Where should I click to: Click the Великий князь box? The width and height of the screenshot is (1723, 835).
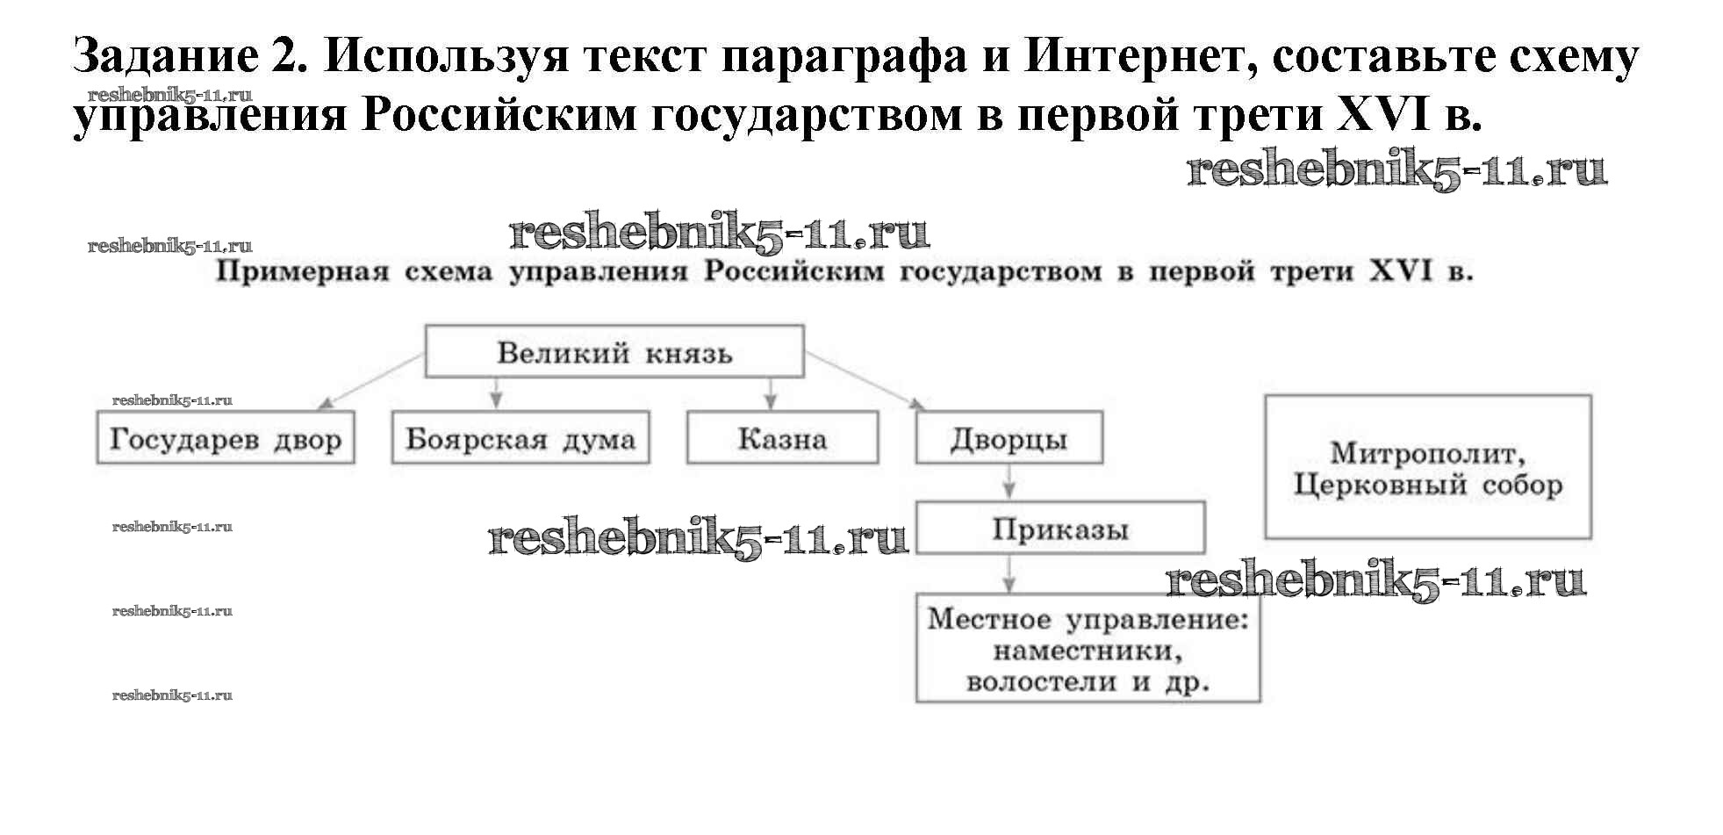(x=614, y=351)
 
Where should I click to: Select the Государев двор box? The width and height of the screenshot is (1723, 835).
(x=225, y=437)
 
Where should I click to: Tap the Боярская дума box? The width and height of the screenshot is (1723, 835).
(x=520, y=437)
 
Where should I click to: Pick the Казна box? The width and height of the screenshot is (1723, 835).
(x=781, y=437)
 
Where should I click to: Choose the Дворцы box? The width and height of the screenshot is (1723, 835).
(x=1009, y=437)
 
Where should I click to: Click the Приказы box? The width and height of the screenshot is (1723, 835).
(x=1059, y=528)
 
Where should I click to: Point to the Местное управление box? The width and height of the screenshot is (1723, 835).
(x=1087, y=649)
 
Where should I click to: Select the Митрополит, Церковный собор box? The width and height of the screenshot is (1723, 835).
(x=1427, y=467)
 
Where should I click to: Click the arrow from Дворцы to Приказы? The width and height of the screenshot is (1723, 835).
(x=1009, y=482)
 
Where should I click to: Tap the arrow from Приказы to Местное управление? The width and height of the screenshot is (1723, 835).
(x=1009, y=573)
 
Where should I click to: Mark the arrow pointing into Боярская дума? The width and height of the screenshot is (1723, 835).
(x=496, y=393)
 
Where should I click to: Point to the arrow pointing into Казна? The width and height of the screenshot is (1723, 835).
(x=771, y=393)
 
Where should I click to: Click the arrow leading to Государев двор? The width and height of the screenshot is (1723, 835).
(x=369, y=381)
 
